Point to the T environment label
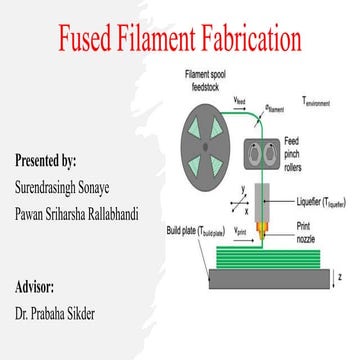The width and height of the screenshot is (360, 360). (x=320, y=103)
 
